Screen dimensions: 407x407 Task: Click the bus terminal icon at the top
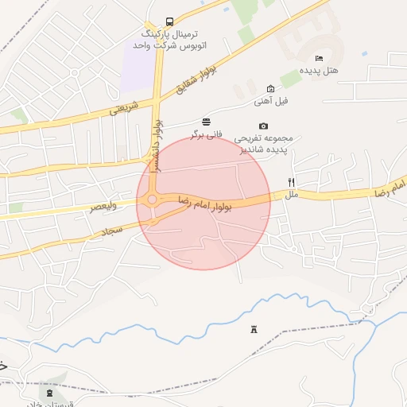coord(169,21)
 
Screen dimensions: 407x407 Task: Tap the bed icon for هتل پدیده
coord(319,58)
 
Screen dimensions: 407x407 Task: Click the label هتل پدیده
coord(319,72)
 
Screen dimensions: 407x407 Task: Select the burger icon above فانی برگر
coord(207,121)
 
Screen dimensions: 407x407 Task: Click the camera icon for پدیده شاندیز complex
coord(264,126)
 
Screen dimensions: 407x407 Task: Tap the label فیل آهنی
coord(271,101)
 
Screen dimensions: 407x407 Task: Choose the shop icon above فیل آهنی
coord(271,88)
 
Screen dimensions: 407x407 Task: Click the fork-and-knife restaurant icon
coord(292,182)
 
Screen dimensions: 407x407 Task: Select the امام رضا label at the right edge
coord(393,188)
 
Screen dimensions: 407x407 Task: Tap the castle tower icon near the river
coord(254,330)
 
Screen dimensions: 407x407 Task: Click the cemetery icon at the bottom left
coord(50,392)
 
